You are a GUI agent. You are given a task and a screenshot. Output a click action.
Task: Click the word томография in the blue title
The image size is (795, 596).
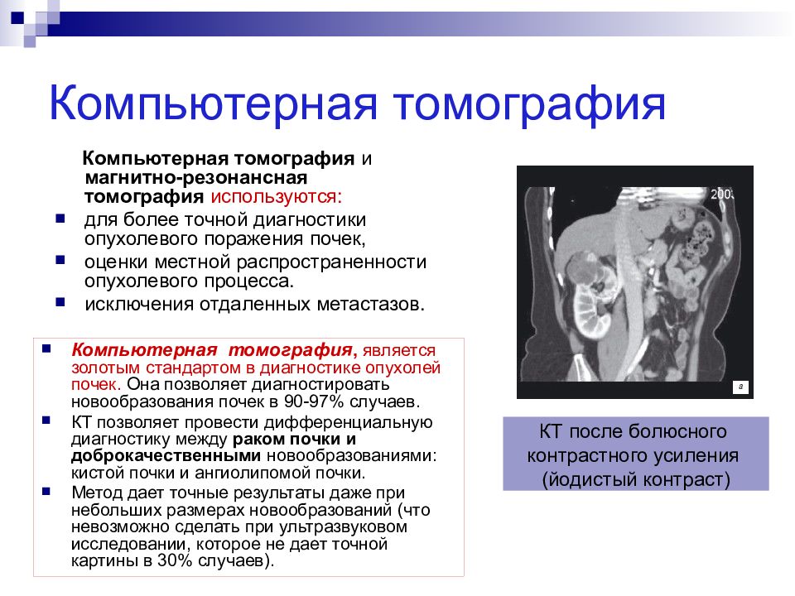pos(529,104)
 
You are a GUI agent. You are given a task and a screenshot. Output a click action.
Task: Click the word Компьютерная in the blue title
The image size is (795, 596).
pos(214,103)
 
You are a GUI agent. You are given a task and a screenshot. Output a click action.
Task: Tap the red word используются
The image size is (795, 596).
pos(277,197)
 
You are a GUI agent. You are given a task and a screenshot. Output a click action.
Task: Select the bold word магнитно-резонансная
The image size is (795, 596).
pos(196,178)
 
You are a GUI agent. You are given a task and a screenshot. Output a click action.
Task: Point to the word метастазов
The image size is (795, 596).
pos(371,304)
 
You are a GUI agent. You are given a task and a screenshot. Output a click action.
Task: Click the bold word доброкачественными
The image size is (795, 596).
pos(166,455)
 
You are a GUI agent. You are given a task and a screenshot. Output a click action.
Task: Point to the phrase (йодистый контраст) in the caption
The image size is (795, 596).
pos(636,479)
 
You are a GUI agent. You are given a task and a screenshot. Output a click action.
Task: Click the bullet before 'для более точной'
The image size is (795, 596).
pos(60,219)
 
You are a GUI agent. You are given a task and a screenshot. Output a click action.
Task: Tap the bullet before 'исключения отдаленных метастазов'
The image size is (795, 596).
pos(60,303)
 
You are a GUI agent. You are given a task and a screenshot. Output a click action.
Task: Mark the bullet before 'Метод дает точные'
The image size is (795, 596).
pos(46,491)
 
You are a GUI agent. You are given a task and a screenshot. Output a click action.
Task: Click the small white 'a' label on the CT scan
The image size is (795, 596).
pos(740,387)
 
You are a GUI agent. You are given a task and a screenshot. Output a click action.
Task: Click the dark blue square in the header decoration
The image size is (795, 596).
pos(17,18)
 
